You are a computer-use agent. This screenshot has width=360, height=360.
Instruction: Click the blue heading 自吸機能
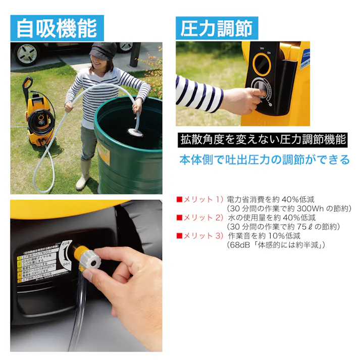tap(57, 28)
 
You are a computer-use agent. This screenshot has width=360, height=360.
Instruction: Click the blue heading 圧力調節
tap(217, 28)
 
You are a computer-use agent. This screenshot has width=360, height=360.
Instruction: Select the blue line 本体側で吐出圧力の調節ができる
tap(265, 160)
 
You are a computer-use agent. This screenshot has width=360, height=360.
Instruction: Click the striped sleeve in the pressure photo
tap(199, 94)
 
